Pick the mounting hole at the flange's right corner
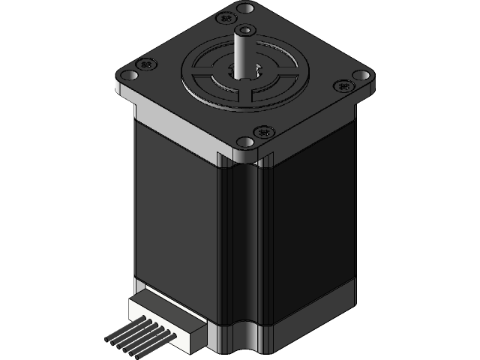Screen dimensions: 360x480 (362, 76)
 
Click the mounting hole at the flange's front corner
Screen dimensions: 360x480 (245, 142)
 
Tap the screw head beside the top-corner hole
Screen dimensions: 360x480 (223, 17)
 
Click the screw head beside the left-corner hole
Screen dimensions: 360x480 (145, 64)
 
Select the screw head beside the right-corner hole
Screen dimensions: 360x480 (345, 87)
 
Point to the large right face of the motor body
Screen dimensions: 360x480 (307, 225)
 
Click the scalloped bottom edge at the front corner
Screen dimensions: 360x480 (240, 346)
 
